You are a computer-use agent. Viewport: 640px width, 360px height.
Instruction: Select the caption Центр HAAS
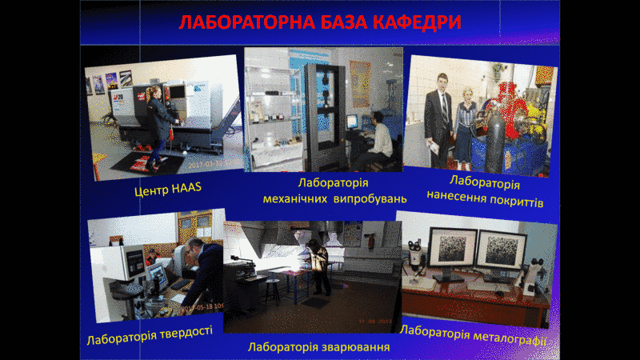pyautogui.click(x=168, y=190)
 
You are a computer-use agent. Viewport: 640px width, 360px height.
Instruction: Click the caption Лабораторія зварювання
pyautogui.click(x=318, y=347)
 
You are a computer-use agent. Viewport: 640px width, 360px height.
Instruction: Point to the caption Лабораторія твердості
pyautogui.click(x=150, y=334)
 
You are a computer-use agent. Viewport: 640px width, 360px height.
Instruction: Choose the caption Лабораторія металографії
pyautogui.click(x=474, y=334)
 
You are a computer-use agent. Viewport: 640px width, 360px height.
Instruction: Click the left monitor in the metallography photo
pyautogui.click(x=452, y=249)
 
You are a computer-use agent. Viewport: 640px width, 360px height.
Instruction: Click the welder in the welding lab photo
pyautogui.click(x=318, y=266)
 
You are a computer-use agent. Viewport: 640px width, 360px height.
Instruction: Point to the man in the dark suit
pyautogui.click(x=438, y=121)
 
